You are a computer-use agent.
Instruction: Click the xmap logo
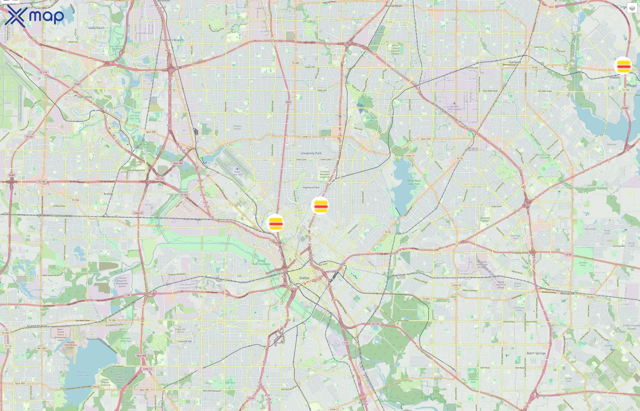coord(34,16)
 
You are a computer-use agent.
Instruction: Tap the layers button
coord(632,8)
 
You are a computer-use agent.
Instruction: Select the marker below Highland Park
coord(320,205)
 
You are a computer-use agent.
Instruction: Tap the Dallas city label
coord(304,278)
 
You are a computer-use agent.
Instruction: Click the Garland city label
coord(515,62)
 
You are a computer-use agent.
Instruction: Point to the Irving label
coord(108,194)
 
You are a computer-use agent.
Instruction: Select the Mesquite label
coord(567,293)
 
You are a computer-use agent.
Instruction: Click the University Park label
coord(311,153)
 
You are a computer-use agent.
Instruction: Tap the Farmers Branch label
coord(172,40)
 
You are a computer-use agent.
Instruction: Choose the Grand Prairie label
coord(37,326)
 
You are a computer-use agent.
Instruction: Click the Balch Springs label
coord(536,353)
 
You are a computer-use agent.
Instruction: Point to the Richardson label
coord(394,6)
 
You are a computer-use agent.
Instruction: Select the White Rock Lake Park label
coord(414,182)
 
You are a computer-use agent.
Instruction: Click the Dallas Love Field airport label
coord(237,173)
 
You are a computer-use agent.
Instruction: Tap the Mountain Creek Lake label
coord(83,373)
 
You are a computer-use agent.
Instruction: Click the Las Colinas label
coord(85,97)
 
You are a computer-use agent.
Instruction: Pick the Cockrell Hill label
coord(185,341)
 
